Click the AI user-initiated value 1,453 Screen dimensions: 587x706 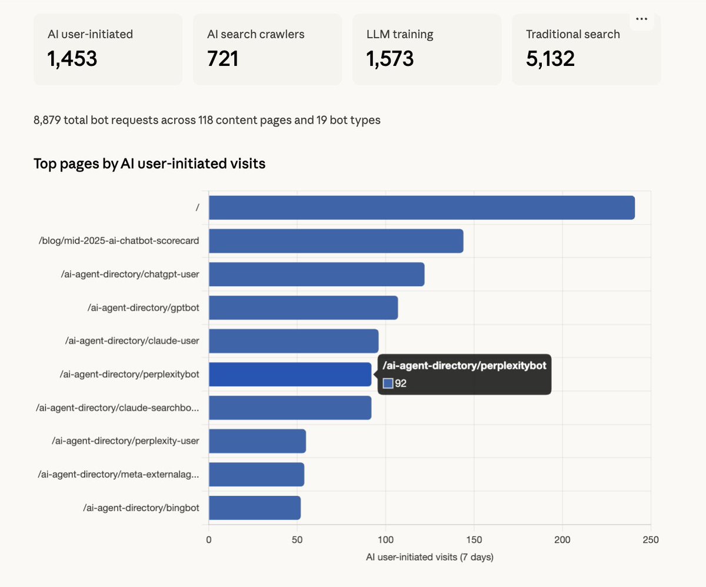click(x=72, y=58)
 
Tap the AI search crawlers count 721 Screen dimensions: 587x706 click(x=223, y=58)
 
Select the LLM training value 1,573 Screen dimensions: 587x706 click(x=390, y=58)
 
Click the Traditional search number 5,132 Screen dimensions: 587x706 click(x=550, y=58)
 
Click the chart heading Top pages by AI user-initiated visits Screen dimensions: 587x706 click(x=149, y=164)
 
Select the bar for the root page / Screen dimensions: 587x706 click(x=421, y=208)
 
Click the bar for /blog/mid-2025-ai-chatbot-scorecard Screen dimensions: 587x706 click(x=336, y=241)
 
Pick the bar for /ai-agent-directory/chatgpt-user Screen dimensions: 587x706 click(x=317, y=274)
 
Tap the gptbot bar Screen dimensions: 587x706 click(x=303, y=308)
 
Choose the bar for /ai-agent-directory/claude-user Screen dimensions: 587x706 click(x=294, y=341)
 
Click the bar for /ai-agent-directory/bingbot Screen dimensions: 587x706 click(x=255, y=508)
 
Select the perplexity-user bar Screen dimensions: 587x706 click(x=257, y=441)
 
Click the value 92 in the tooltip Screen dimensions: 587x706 click(x=401, y=384)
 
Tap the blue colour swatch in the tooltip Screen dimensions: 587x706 click(x=388, y=384)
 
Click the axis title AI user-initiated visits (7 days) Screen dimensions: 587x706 click(x=429, y=557)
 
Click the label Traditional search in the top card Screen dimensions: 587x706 click(x=572, y=34)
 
